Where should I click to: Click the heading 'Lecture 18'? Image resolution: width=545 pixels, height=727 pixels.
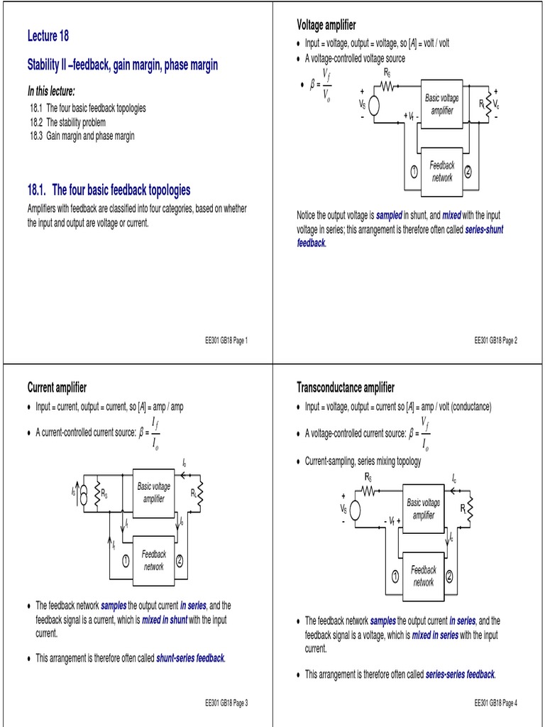coord(48,36)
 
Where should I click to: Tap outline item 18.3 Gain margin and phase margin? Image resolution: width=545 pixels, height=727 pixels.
coord(82,136)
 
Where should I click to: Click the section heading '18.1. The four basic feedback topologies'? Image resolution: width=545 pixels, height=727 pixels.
coord(109,190)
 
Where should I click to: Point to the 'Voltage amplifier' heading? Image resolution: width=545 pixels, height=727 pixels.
coord(326,26)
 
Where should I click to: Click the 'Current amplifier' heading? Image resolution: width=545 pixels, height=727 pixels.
coord(57,387)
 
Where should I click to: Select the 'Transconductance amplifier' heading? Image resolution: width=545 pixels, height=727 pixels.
coord(345,387)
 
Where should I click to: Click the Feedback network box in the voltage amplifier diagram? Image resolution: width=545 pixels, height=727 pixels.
coord(442,171)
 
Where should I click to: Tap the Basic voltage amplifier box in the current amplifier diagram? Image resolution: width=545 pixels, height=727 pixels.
coord(153,493)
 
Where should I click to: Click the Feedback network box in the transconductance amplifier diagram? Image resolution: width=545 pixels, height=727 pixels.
coord(424,576)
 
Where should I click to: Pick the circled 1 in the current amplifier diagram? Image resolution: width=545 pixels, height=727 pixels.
coord(124,560)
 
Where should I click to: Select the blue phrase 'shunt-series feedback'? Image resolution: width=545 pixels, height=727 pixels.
coord(190,658)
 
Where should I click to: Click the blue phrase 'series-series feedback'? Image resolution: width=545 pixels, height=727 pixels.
coord(460,674)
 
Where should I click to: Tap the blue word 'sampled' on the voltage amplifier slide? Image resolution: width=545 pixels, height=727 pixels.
coord(389,214)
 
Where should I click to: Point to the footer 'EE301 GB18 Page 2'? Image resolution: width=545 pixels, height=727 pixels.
coord(495,340)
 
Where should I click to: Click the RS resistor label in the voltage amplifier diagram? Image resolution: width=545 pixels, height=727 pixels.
coord(387,73)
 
